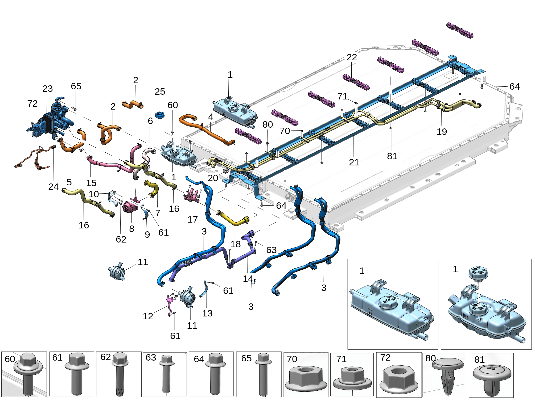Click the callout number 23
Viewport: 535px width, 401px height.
pos(48,89)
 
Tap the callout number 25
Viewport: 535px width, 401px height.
pos(160,92)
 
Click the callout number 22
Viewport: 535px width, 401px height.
pos(352,57)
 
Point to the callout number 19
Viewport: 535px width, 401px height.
pos(442,132)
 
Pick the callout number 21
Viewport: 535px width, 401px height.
pos(354,162)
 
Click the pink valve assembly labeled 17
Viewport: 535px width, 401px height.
pos(192,196)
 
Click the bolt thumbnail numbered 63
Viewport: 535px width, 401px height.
pos(165,374)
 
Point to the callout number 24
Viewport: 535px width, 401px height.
pos(53,187)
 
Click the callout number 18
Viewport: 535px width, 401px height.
pos(235,244)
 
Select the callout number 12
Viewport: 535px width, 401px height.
pos(148,316)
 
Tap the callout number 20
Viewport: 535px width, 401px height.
pos(213,178)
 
